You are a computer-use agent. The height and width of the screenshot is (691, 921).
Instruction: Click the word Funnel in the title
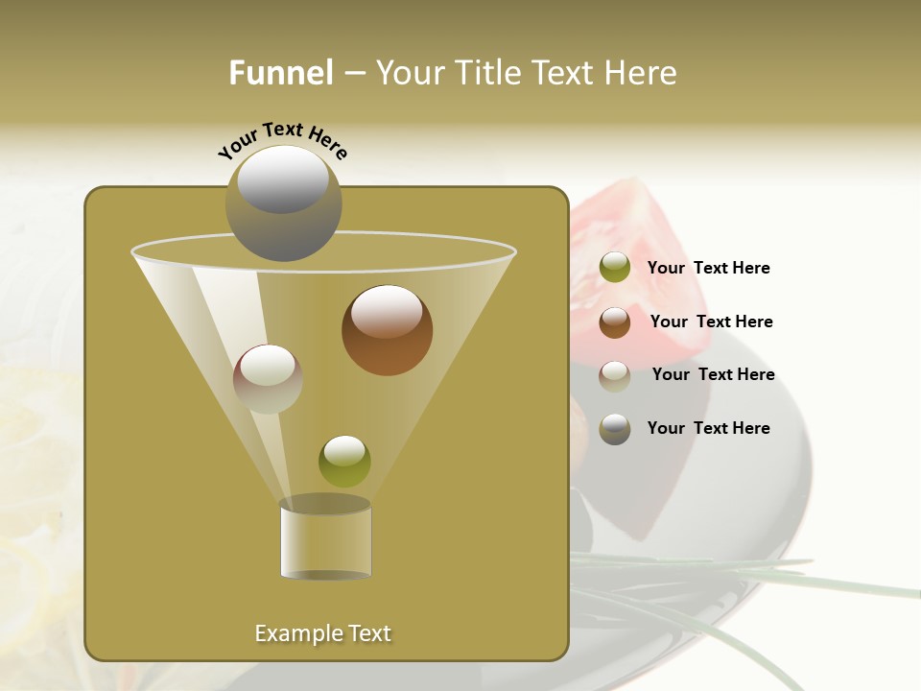[280, 73]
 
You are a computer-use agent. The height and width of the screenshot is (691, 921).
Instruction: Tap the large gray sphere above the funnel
[283, 203]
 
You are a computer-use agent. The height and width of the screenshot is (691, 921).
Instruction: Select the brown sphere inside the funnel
[387, 330]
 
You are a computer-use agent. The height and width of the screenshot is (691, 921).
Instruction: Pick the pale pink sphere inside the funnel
[268, 379]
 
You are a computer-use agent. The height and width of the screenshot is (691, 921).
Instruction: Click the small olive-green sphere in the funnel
[344, 461]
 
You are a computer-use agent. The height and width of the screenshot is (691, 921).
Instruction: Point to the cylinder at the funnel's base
[325, 539]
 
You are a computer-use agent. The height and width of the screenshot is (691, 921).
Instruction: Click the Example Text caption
[322, 633]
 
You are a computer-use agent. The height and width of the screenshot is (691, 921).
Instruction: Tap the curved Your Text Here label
[283, 140]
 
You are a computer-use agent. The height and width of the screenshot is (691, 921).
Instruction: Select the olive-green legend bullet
[615, 268]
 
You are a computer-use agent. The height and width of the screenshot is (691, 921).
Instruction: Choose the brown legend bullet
[615, 322]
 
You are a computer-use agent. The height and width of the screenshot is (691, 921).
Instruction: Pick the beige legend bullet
[615, 375]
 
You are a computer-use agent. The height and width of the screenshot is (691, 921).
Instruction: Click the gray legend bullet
[615, 429]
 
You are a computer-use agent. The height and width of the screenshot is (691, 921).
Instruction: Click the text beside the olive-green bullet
[708, 269]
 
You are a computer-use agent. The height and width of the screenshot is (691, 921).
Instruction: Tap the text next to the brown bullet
[711, 322]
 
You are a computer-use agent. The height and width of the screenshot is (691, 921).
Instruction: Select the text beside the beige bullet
[713, 374]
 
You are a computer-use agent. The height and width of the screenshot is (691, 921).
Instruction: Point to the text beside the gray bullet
[708, 428]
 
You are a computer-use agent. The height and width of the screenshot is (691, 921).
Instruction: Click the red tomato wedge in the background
[624, 230]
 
